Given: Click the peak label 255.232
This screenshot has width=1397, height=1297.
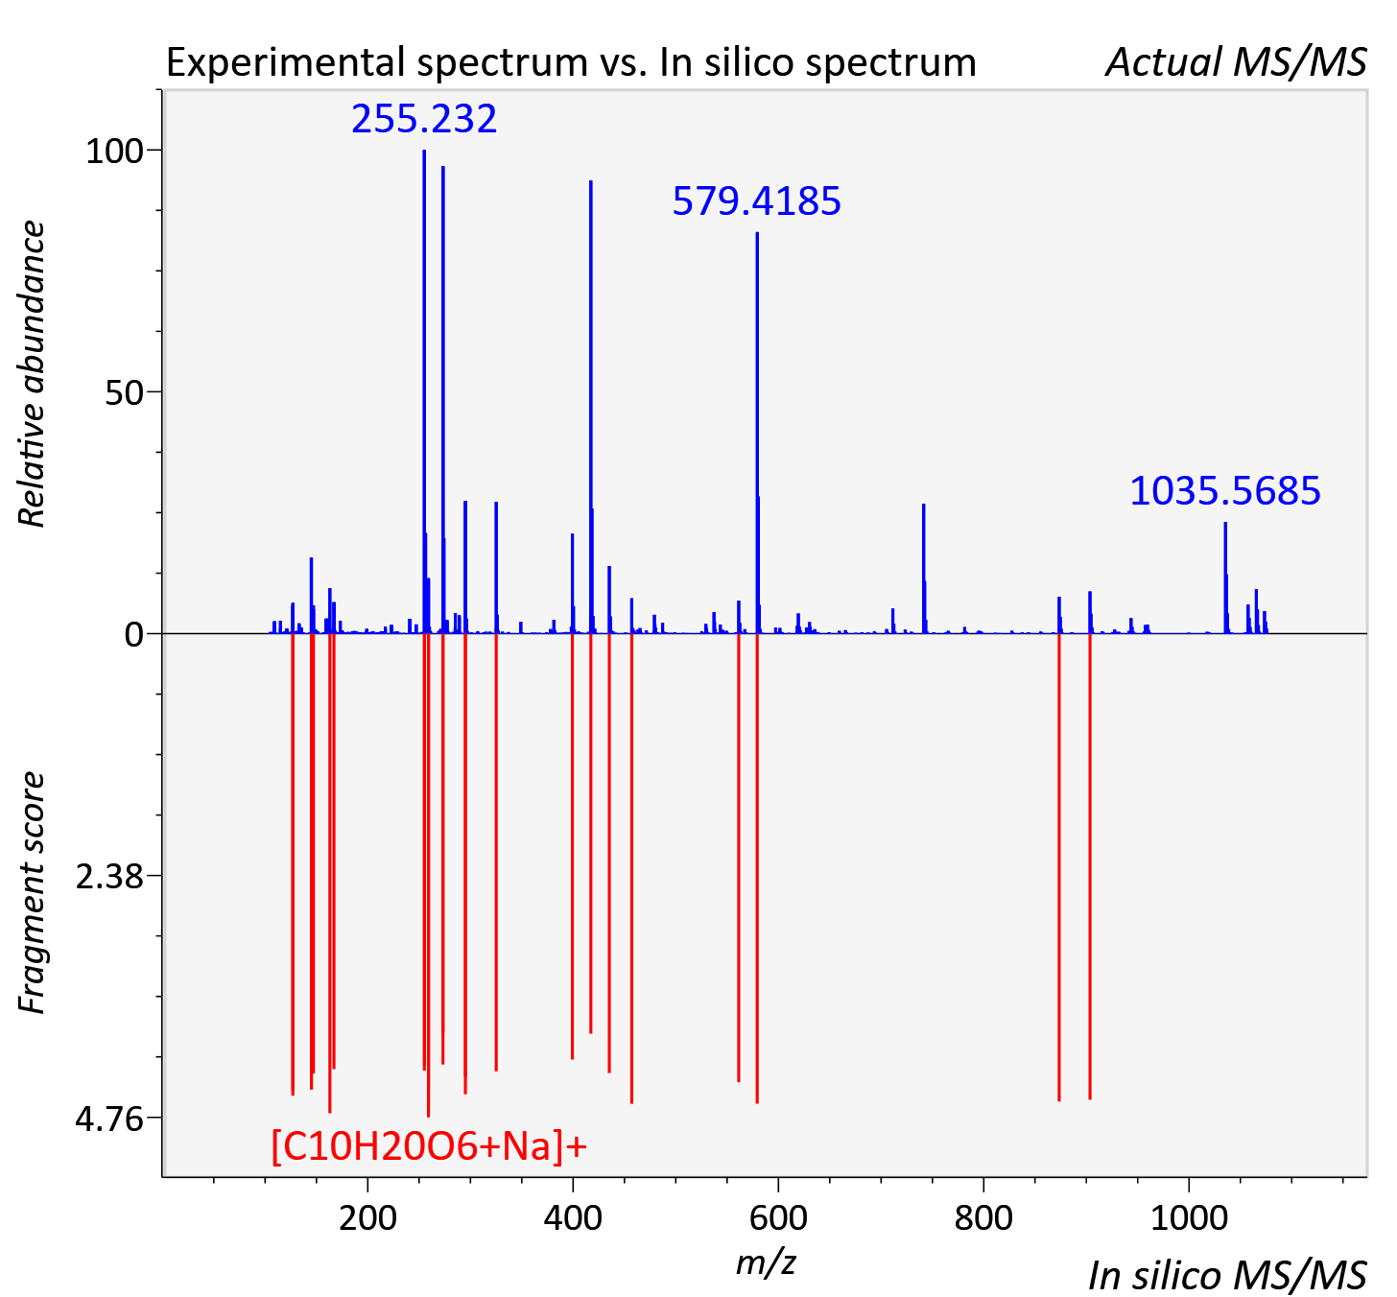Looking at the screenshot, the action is [424, 118].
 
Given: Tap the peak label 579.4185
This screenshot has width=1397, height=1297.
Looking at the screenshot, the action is [757, 201].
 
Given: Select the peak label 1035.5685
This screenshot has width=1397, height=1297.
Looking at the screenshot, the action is [1225, 491].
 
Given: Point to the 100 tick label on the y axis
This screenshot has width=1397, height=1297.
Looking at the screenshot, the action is [114, 152].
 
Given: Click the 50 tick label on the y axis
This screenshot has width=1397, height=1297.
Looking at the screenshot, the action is [124, 393].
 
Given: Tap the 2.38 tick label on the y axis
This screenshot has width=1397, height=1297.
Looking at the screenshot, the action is [109, 877].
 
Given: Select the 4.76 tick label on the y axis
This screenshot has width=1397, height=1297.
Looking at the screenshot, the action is [109, 1119].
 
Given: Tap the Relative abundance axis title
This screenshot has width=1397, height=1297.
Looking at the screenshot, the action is [32, 373].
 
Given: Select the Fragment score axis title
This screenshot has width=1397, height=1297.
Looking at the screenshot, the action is [32, 892].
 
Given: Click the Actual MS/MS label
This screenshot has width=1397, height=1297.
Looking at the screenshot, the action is [1237, 62].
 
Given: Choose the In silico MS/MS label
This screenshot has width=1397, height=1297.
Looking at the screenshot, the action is [1227, 1275].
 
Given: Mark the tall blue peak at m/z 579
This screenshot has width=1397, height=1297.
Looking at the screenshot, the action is [757, 433].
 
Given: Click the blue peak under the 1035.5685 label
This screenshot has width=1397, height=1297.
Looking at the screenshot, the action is [1225, 578].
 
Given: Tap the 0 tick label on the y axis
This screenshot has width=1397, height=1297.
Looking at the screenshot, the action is [133, 635].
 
